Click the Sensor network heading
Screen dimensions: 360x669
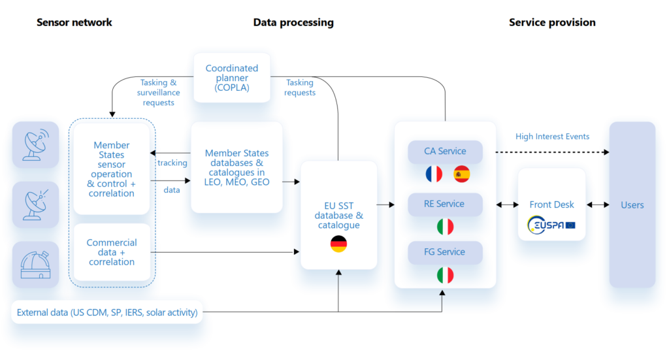(x=74, y=22)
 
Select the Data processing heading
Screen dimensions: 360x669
(x=293, y=22)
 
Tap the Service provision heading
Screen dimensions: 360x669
(x=552, y=22)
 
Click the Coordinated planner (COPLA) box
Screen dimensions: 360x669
(x=232, y=78)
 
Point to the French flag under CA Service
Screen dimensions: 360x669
(x=434, y=174)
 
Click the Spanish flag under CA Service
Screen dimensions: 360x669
(x=462, y=174)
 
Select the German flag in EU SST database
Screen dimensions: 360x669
(x=338, y=244)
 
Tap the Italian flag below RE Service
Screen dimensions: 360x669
(x=445, y=227)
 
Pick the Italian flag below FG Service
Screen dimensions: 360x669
(x=445, y=275)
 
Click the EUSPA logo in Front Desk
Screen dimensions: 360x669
(x=551, y=225)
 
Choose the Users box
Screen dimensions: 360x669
(x=632, y=205)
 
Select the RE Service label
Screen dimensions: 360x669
(x=444, y=204)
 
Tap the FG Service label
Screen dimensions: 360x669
(x=444, y=252)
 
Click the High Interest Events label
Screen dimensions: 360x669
(x=552, y=137)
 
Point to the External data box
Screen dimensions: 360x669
(x=107, y=312)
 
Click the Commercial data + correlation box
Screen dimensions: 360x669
(x=112, y=252)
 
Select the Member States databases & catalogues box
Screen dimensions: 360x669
(x=237, y=167)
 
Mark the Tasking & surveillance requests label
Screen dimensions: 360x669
(x=158, y=92)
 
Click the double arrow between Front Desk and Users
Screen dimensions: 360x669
(x=597, y=205)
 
